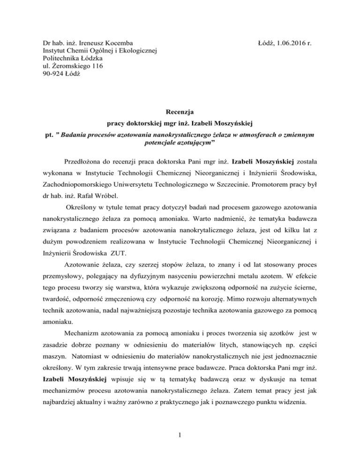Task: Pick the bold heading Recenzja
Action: (x=180, y=112)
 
